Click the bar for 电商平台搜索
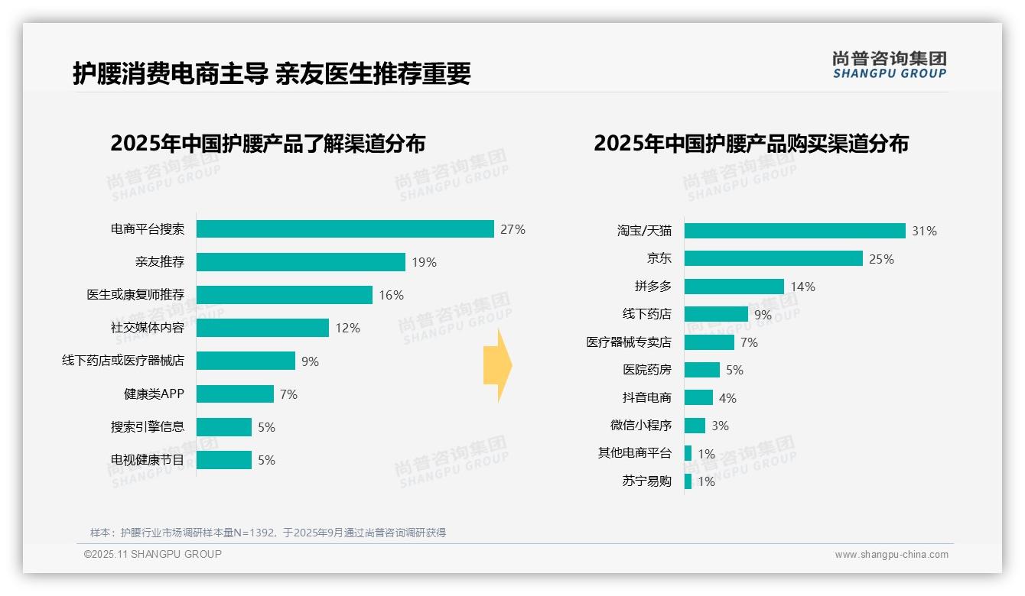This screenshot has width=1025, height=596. point(345,229)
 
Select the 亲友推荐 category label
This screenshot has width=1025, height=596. point(160,262)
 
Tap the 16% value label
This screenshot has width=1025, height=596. point(391,295)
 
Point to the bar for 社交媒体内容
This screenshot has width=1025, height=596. point(262,328)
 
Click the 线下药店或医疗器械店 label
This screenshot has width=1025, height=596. point(123,361)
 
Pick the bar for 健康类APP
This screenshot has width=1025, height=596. point(235,394)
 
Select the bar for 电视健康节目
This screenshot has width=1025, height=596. point(223,460)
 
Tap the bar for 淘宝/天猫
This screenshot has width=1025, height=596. point(795,231)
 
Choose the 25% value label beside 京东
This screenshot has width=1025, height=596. point(881,259)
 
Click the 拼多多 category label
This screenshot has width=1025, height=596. point(653,287)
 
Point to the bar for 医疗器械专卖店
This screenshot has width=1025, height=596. point(709,342)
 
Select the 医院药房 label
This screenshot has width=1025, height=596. point(647,370)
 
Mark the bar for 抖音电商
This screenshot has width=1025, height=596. point(698,398)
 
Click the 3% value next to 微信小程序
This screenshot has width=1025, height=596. point(720,426)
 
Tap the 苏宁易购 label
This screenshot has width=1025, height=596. point(647,481)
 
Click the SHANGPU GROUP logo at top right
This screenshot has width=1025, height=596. point(890,65)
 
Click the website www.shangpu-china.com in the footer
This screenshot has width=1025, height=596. point(891,555)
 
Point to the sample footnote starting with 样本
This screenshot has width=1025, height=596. point(268,533)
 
